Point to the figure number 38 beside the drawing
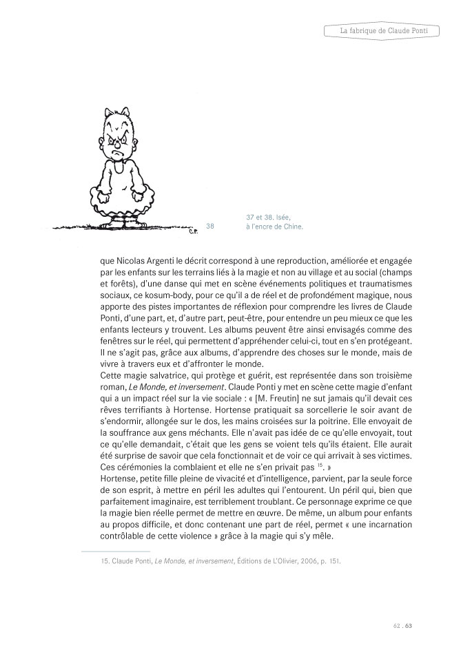[210, 225]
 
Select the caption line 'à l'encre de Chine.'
[274, 225]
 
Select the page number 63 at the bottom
[407, 626]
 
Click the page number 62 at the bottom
[396, 626]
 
